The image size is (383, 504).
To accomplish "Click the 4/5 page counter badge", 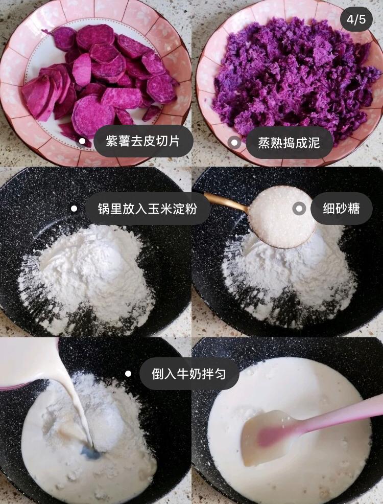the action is tap(356, 19).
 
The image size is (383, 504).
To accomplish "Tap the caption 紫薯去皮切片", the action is tap(143, 141).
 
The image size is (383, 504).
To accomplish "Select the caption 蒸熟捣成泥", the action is tap(289, 143).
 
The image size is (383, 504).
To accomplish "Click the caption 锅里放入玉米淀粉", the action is tap(148, 209).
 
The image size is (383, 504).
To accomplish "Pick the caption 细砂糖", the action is tap(341, 209).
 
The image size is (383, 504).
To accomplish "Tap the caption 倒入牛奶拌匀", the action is tap(189, 374).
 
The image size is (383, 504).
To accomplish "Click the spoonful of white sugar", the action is tap(282, 217).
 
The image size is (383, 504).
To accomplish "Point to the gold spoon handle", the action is tap(226, 201).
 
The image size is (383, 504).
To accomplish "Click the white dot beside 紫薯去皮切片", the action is tap(83, 141).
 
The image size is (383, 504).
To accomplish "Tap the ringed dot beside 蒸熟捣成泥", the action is tap(234, 143).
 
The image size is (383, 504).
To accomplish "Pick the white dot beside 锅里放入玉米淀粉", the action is tap(74, 209).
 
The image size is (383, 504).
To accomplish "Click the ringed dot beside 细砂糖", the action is tap(299, 209).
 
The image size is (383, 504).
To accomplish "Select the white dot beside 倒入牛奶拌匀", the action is tap(128, 374).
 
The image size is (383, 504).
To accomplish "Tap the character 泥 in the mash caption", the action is tap(314, 143).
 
